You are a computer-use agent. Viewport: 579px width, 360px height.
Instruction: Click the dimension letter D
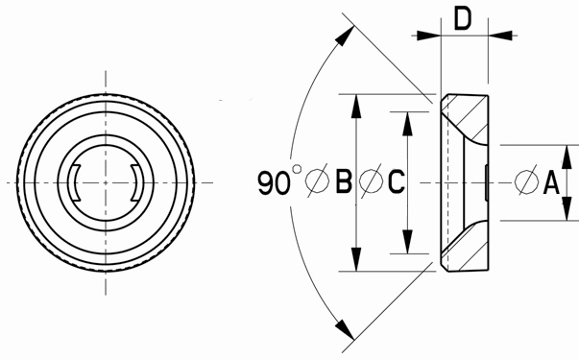[463, 19]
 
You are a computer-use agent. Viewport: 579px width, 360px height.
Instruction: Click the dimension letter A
[551, 182]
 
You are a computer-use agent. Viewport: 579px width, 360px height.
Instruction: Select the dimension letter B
[344, 181]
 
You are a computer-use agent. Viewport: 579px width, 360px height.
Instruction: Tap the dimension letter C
[397, 181]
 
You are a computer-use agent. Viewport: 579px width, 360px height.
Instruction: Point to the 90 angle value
[274, 183]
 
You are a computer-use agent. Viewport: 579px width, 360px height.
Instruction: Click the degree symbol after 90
[297, 169]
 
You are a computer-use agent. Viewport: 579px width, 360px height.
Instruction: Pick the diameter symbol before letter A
[526, 181]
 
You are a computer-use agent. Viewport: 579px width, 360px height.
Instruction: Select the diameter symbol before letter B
[318, 180]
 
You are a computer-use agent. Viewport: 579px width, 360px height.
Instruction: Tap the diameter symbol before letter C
[371, 180]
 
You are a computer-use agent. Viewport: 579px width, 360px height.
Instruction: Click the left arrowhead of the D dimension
[428, 36]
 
